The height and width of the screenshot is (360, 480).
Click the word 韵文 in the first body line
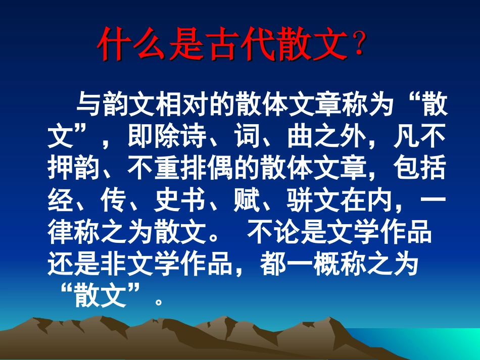point(123,107)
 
